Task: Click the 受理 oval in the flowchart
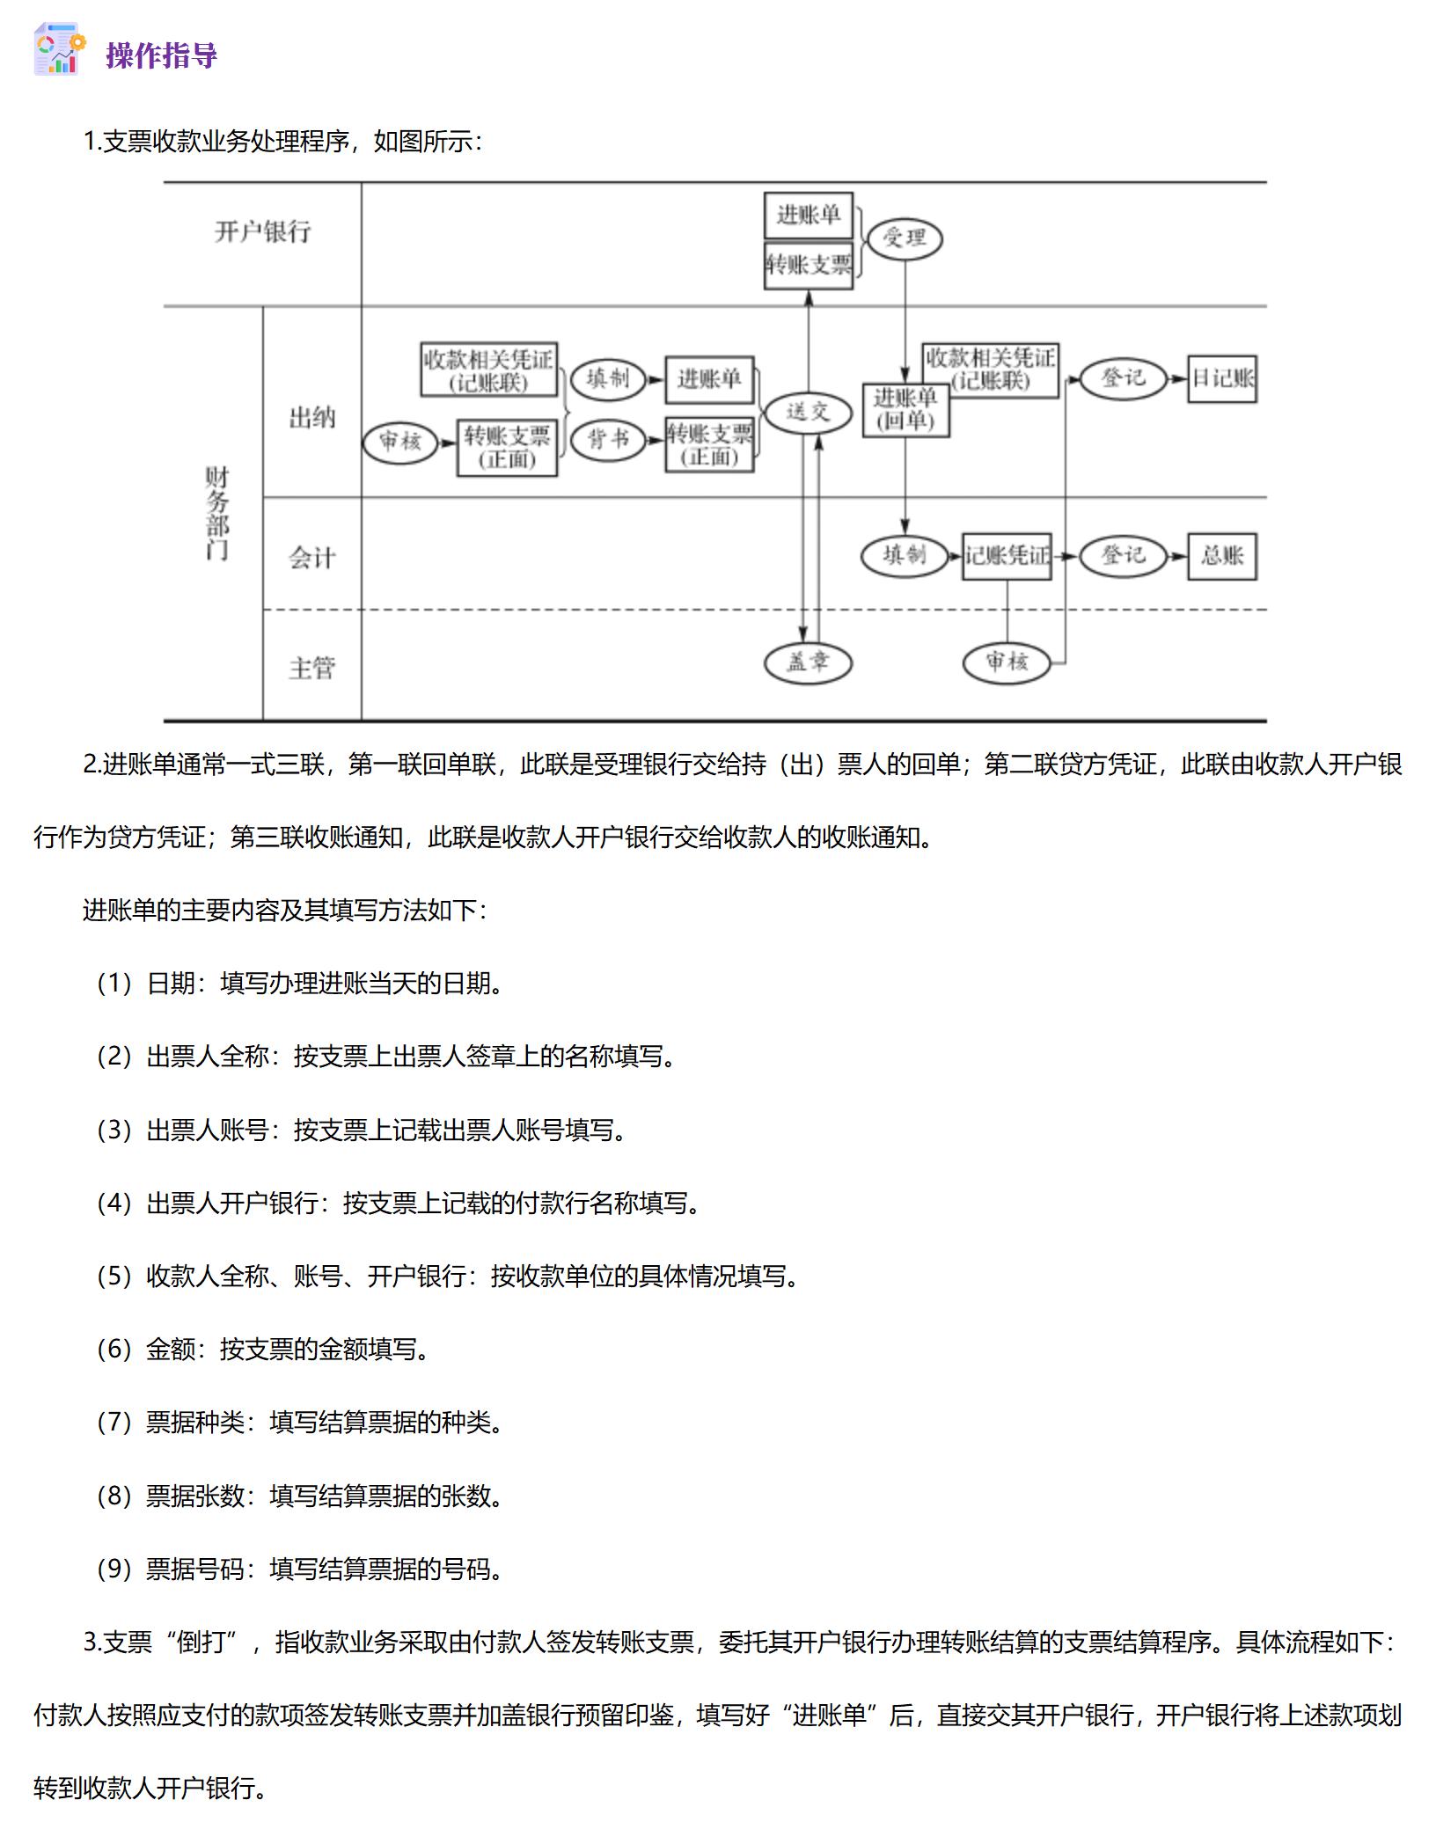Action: click(904, 238)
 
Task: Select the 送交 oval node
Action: click(808, 413)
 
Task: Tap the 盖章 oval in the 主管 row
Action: click(808, 662)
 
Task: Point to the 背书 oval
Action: click(608, 439)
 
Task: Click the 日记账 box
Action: click(1221, 379)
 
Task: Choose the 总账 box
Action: click(1221, 556)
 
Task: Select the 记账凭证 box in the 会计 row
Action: click(1007, 556)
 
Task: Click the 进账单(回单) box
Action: click(905, 410)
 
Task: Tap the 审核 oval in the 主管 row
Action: click(1007, 662)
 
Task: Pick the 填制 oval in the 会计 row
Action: click(904, 556)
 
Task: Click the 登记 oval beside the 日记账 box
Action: click(1123, 379)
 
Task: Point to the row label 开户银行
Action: click(262, 231)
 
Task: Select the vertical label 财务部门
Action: click(216, 513)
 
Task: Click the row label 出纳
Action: click(311, 417)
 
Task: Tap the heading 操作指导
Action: click(161, 55)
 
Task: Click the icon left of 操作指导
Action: click(59, 50)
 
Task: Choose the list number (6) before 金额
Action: click(114, 1349)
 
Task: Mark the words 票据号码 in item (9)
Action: click(195, 1569)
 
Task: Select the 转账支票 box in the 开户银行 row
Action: click(808, 265)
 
